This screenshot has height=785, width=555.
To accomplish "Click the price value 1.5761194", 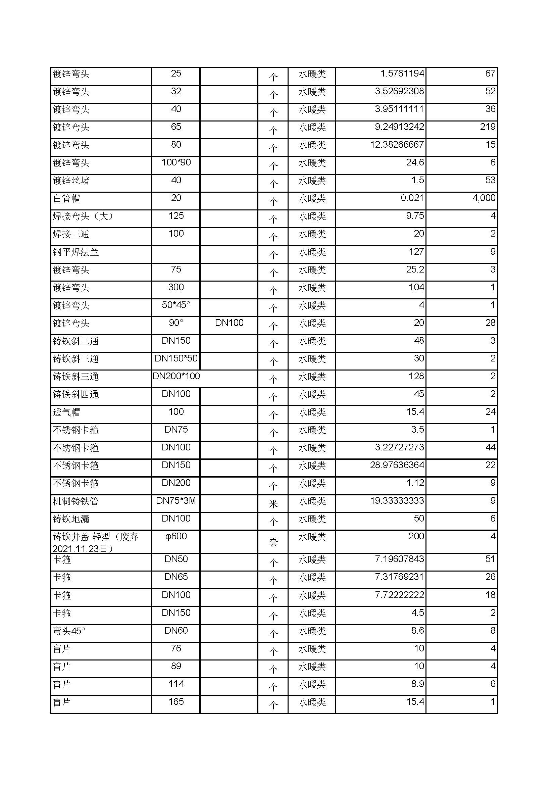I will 402,73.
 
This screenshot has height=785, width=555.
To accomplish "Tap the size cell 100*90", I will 176,162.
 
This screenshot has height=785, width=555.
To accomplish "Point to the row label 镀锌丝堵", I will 71,181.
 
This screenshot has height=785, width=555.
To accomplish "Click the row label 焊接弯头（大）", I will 83,216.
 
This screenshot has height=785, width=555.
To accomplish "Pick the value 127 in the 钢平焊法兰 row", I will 416,252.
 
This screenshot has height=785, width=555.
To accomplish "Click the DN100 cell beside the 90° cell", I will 229,323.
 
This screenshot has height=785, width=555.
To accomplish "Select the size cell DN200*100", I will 176,376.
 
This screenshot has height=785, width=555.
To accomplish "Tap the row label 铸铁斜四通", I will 75,394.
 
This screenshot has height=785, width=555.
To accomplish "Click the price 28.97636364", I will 397,465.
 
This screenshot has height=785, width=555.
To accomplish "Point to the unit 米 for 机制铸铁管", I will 273,504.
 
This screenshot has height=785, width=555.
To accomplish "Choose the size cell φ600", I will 176,536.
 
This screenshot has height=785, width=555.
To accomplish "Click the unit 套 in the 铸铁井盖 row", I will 273,542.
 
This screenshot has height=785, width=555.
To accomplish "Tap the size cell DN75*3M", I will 176,500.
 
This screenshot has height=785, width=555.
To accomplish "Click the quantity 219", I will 487,127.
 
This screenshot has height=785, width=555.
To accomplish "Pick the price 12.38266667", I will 397,145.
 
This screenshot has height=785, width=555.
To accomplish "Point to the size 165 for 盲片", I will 176,701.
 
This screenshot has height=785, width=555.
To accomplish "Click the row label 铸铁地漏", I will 71,519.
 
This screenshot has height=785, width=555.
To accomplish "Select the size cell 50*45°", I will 176,305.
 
